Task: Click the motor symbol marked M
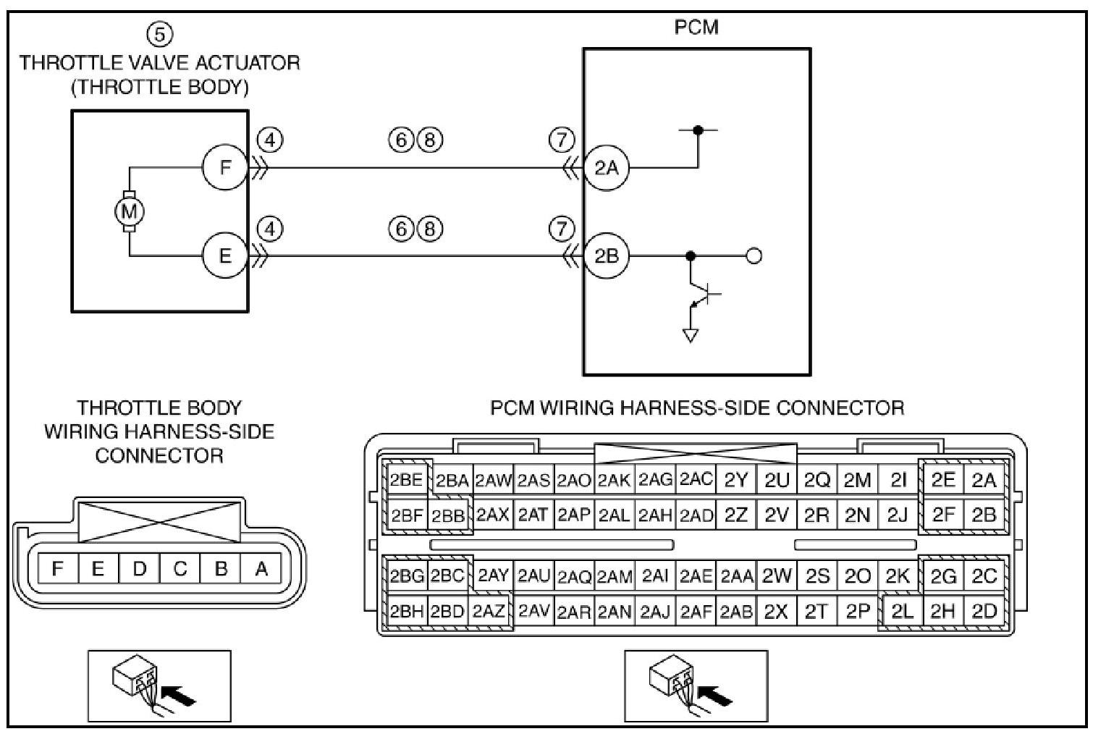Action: [130, 211]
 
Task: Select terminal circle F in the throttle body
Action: [225, 168]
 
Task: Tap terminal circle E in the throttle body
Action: [225, 256]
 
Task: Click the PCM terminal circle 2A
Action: [607, 168]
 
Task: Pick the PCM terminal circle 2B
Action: [607, 256]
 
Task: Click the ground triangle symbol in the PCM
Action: [691, 335]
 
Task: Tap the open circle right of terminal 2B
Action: [754, 256]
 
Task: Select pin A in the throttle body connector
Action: [261, 569]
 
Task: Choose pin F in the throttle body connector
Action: [57, 569]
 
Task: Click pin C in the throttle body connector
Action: [180, 569]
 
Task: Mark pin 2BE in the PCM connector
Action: [406, 479]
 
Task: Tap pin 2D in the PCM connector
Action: [984, 611]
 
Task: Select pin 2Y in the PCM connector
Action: [735, 479]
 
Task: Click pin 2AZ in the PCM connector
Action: [489, 611]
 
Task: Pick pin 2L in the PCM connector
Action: [902, 611]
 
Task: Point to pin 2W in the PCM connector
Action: [777, 576]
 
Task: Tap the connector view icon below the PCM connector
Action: [696, 685]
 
